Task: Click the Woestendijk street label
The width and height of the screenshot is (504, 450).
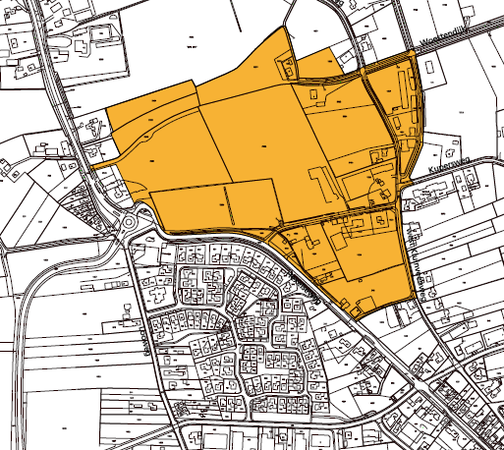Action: pyautogui.click(x=445, y=40)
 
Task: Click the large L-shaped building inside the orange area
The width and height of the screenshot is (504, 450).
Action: pyautogui.click(x=324, y=183)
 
